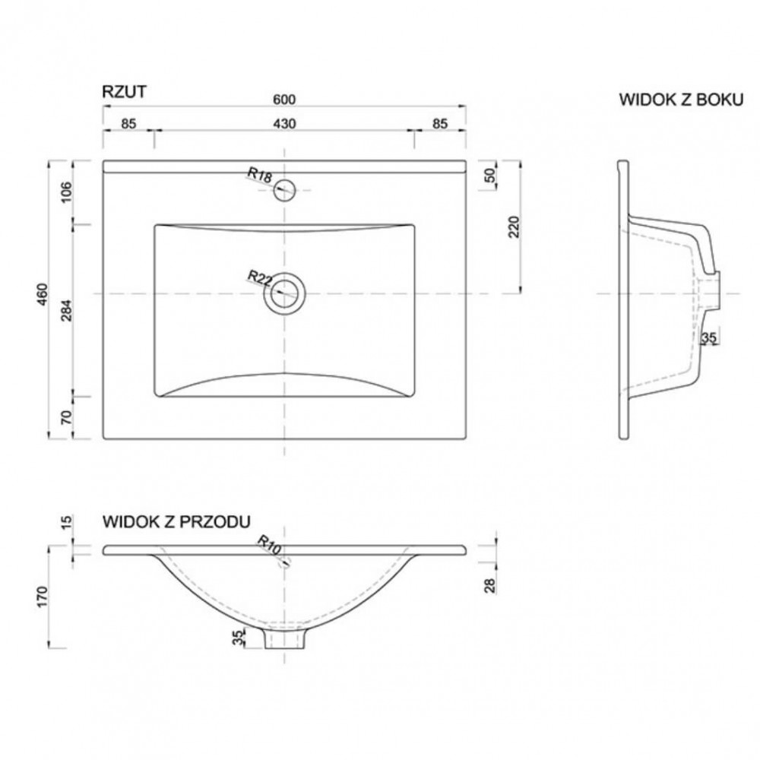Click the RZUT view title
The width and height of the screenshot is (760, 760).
point(124,92)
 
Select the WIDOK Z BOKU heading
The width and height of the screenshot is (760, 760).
point(681,100)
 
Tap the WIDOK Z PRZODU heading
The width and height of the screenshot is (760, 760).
point(176,521)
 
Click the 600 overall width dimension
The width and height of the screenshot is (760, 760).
point(284,99)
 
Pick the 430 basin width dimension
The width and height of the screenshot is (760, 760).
point(284,124)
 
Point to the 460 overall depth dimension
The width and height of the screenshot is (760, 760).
point(43,293)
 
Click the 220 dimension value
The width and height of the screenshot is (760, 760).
point(514,226)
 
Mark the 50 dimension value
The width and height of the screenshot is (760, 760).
point(490,175)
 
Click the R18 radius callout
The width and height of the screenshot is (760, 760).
point(260,175)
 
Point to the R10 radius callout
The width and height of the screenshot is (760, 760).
point(270,545)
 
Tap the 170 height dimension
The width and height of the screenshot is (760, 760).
point(43,597)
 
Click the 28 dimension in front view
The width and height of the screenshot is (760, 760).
point(491,585)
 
